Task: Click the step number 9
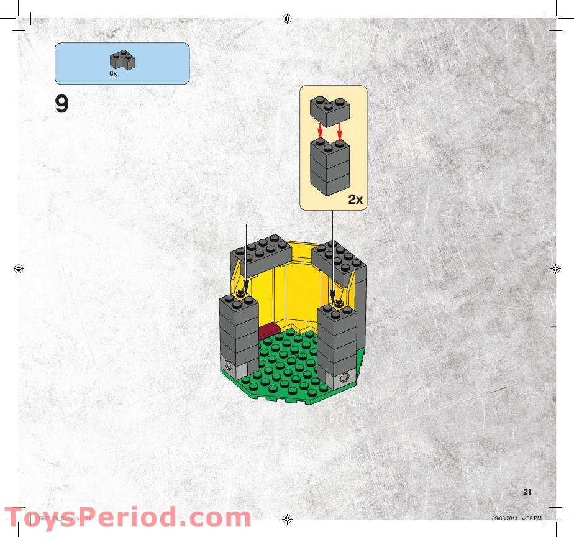coord(61,104)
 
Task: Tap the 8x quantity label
coord(113,73)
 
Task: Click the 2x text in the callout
coord(355,200)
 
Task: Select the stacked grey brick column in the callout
coord(330,165)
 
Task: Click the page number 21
coord(527,492)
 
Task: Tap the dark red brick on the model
coord(268,331)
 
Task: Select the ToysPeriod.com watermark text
coord(127,518)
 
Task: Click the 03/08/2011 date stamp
coord(504,518)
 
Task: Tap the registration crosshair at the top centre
coord(286,18)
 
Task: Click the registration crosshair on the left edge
coord(18,269)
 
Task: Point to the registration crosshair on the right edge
coord(555,269)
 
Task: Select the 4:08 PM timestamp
coord(532,518)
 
